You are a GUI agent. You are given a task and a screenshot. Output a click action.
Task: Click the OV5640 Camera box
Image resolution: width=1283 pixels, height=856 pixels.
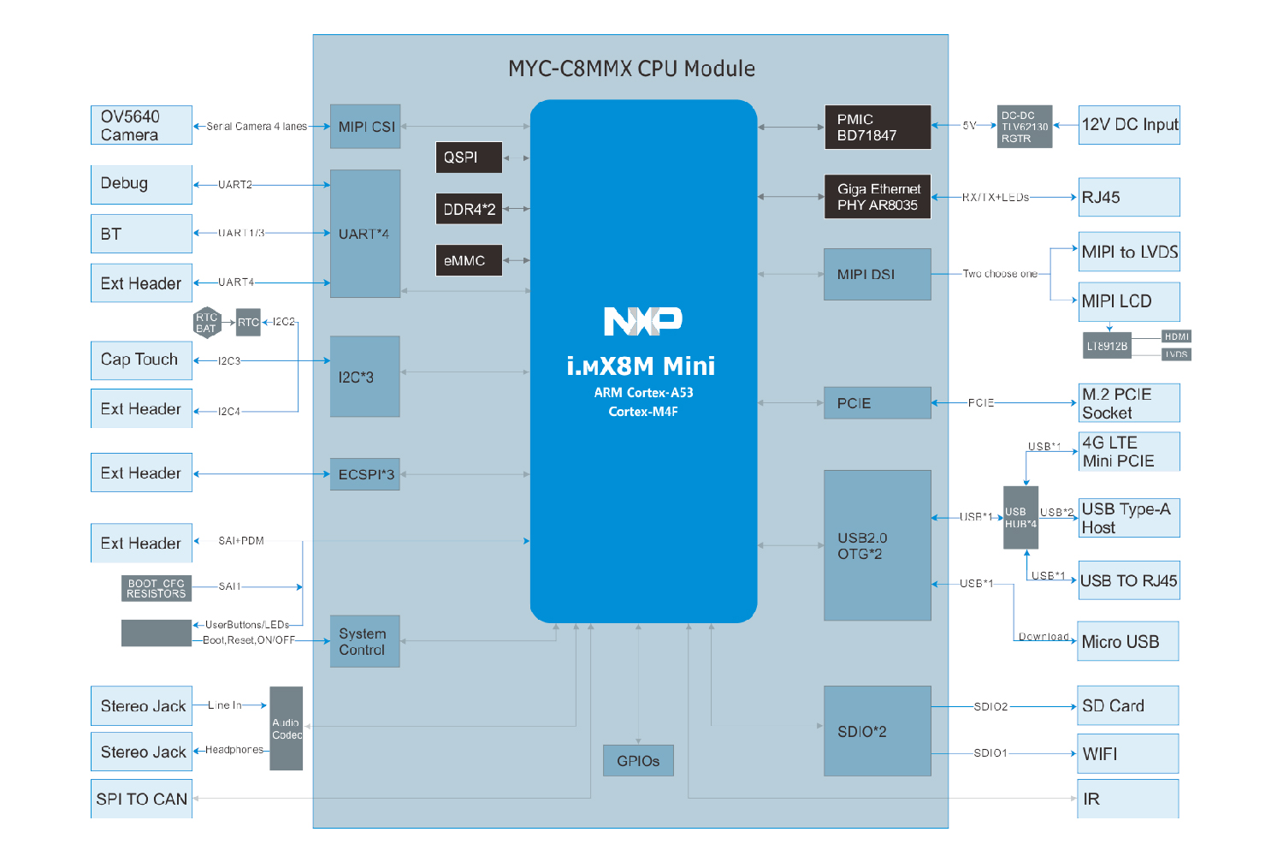(141, 125)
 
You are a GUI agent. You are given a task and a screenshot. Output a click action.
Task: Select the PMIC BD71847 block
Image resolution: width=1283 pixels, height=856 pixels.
(877, 127)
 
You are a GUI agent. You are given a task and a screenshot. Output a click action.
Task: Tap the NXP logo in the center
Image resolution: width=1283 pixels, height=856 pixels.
(642, 321)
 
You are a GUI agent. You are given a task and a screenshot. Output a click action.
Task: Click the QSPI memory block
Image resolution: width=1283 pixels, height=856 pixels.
(468, 158)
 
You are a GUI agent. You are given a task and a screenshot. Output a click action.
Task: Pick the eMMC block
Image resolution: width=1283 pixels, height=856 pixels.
(468, 260)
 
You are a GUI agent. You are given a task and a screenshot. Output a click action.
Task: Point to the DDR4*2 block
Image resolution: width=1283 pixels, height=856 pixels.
(468, 209)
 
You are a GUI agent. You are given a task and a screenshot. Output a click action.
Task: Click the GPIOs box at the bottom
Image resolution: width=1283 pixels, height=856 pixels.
(638, 760)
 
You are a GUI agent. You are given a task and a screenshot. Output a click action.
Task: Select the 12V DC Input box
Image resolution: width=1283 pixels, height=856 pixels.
(1129, 125)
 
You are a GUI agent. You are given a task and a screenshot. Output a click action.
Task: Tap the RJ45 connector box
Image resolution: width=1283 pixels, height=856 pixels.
(1129, 197)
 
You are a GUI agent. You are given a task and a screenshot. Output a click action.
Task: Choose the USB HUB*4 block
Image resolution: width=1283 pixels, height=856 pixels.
(1020, 518)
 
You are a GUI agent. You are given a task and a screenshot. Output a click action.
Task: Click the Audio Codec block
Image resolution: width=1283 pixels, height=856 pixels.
(287, 728)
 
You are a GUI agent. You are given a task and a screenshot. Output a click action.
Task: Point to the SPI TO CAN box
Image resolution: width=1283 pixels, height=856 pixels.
(141, 799)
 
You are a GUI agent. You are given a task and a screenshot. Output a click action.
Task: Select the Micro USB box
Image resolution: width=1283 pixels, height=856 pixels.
(1127, 641)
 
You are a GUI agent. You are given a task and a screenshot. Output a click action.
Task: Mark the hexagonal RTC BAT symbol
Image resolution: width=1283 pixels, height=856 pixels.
(207, 323)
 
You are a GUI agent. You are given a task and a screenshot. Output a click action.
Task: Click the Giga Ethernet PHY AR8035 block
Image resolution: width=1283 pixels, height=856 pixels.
(877, 197)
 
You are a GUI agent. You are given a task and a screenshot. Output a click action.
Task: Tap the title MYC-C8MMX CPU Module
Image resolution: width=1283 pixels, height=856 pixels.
(631, 68)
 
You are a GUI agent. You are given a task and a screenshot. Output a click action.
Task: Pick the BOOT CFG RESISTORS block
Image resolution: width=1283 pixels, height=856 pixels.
(156, 588)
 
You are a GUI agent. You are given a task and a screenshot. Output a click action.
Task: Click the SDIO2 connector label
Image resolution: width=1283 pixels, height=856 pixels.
(990, 707)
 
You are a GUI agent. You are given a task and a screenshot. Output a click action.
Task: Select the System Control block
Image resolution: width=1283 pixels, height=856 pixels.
(364, 641)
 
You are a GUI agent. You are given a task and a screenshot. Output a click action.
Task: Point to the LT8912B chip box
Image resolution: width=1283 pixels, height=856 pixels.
(1107, 346)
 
